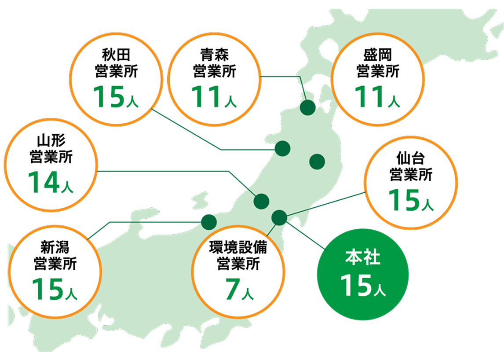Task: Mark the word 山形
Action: click(x=51, y=142)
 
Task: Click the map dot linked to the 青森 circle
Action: click(x=308, y=107)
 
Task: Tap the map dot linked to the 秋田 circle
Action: click(x=283, y=148)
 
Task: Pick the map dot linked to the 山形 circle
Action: click(x=261, y=201)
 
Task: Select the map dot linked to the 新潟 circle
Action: click(x=208, y=221)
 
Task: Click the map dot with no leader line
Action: click(x=317, y=162)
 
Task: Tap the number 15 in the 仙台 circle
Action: click(x=403, y=200)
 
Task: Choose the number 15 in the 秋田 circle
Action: click(x=107, y=97)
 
